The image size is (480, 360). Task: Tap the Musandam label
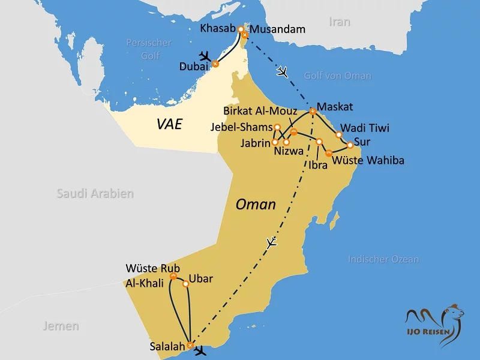point(278,29)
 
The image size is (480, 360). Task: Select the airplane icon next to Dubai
point(206,57)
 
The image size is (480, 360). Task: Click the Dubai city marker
point(215,64)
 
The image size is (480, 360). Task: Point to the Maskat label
point(334,107)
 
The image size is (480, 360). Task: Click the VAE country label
point(169,124)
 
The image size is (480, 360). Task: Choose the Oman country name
point(256,204)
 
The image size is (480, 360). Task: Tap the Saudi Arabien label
point(95,193)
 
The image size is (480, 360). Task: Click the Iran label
point(339,22)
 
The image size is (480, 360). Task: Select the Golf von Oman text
point(338,76)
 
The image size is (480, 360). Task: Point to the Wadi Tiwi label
point(365,128)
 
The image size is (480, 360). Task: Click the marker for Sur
point(350,145)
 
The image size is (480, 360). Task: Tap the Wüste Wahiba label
point(368,160)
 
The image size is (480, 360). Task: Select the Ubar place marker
point(185,284)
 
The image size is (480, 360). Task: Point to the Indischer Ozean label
point(383,259)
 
